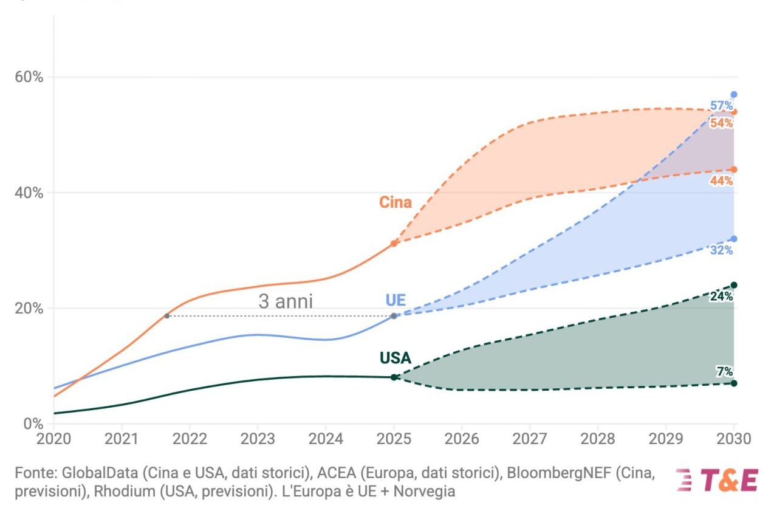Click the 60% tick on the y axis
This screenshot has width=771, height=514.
point(29,77)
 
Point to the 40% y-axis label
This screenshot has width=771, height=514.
point(29,193)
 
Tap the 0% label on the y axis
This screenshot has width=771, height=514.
point(33,423)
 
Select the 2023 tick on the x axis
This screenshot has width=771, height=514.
point(258,438)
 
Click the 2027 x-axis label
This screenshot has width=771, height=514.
point(530,438)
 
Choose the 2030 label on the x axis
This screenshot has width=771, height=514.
point(734,438)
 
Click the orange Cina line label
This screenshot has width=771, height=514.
point(396,202)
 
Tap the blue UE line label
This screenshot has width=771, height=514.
point(396,300)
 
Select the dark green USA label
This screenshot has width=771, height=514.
point(396,358)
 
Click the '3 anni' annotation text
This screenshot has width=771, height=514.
point(286,301)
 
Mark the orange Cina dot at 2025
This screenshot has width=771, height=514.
point(394,243)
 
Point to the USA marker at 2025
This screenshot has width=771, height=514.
point(394,377)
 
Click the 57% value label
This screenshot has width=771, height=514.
point(722,106)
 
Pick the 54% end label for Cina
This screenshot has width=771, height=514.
point(722,123)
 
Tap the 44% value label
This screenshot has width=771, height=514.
point(722,180)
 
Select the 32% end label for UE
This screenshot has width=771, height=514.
point(722,250)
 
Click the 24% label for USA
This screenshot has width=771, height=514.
point(722,296)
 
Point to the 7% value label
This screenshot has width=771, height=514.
point(724,371)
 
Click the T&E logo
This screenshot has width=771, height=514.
point(718,480)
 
